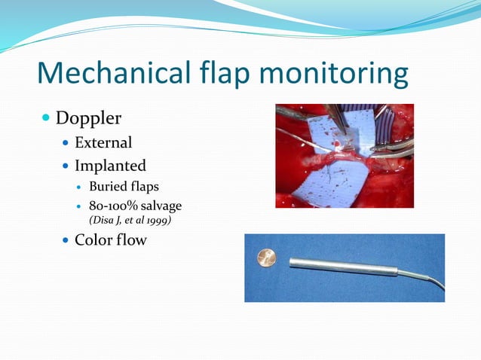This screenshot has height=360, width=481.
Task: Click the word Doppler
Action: (x=88, y=119)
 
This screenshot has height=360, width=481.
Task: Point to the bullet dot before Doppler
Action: (x=46, y=119)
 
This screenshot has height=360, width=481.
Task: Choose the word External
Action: (x=103, y=142)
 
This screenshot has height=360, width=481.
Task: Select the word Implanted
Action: (x=110, y=165)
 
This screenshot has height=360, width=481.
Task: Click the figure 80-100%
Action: (x=115, y=206)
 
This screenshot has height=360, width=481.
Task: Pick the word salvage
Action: (x=163, y=206)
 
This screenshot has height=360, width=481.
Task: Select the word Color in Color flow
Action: (x=94, y=242)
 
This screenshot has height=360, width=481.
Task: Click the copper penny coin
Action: (x=267, y=259)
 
